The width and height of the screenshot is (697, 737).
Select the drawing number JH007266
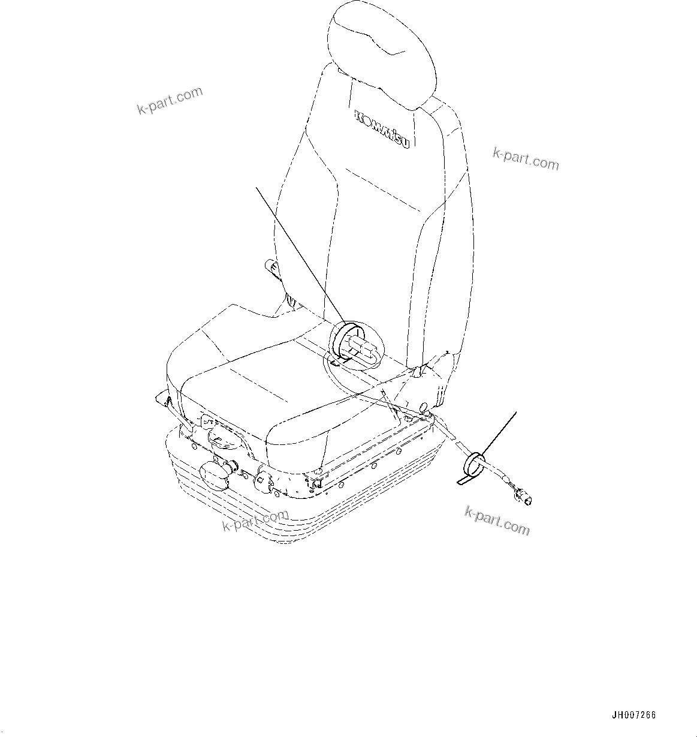[x=633, y=715]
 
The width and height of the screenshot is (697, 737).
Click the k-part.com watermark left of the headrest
[x=170, y=101]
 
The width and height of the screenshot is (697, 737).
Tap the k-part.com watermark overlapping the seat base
[x=255, y=520]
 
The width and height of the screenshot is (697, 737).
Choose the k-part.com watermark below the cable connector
[x=497, y=520]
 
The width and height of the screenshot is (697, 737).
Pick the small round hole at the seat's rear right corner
[x=424, y=408]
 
